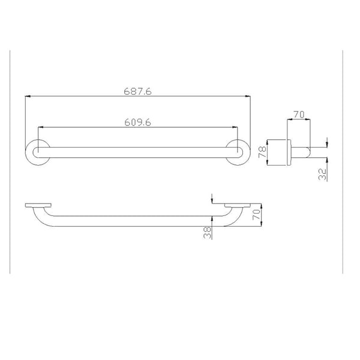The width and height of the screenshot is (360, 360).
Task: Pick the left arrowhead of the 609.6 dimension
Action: (x=40, y=127)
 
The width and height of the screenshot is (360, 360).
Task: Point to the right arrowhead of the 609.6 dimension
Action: (x=236, y=127)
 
